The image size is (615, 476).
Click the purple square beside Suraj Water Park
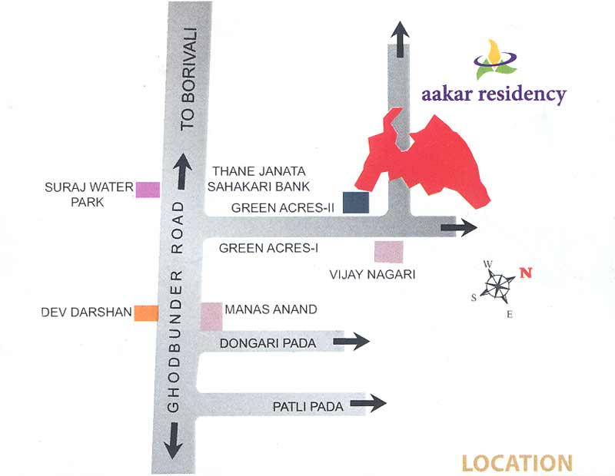pos(148,189)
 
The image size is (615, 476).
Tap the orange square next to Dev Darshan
pos(146,312)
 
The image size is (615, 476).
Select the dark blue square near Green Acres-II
pos(356,202)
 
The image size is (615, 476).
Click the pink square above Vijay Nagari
pos(388,252)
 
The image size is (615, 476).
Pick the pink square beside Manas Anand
pos(211,315)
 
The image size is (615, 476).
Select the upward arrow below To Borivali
pos(183,171)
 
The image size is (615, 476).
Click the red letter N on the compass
pos(525,272)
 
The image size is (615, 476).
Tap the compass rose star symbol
pos(498,286)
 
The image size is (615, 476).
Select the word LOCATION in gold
pos(517,464)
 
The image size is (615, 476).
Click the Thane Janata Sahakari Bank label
pos(260,178)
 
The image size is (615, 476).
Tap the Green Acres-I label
pos(268,248)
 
